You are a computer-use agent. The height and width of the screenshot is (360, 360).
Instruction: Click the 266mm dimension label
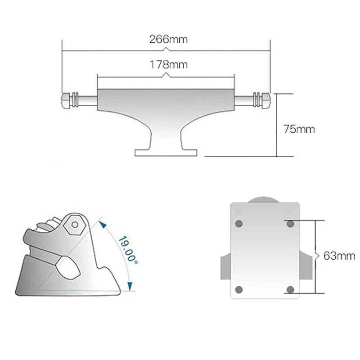[168, 39]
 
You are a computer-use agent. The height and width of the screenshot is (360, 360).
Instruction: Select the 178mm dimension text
[168, 64]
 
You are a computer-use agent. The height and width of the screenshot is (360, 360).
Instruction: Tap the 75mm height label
[299, 129]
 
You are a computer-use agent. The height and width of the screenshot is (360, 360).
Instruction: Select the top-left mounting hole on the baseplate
[239, 223]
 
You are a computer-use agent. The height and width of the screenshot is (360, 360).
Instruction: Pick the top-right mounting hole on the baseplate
[290, 223]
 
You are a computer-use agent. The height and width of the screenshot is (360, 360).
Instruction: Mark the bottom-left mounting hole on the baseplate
[239, 289]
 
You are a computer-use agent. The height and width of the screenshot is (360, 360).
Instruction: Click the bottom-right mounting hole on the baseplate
[290, 289]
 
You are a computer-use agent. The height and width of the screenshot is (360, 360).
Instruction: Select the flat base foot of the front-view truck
[166, 152]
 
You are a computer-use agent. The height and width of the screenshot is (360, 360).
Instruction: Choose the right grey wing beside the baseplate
[306, 266]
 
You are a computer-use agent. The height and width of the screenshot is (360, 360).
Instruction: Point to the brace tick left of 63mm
[319, 256]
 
